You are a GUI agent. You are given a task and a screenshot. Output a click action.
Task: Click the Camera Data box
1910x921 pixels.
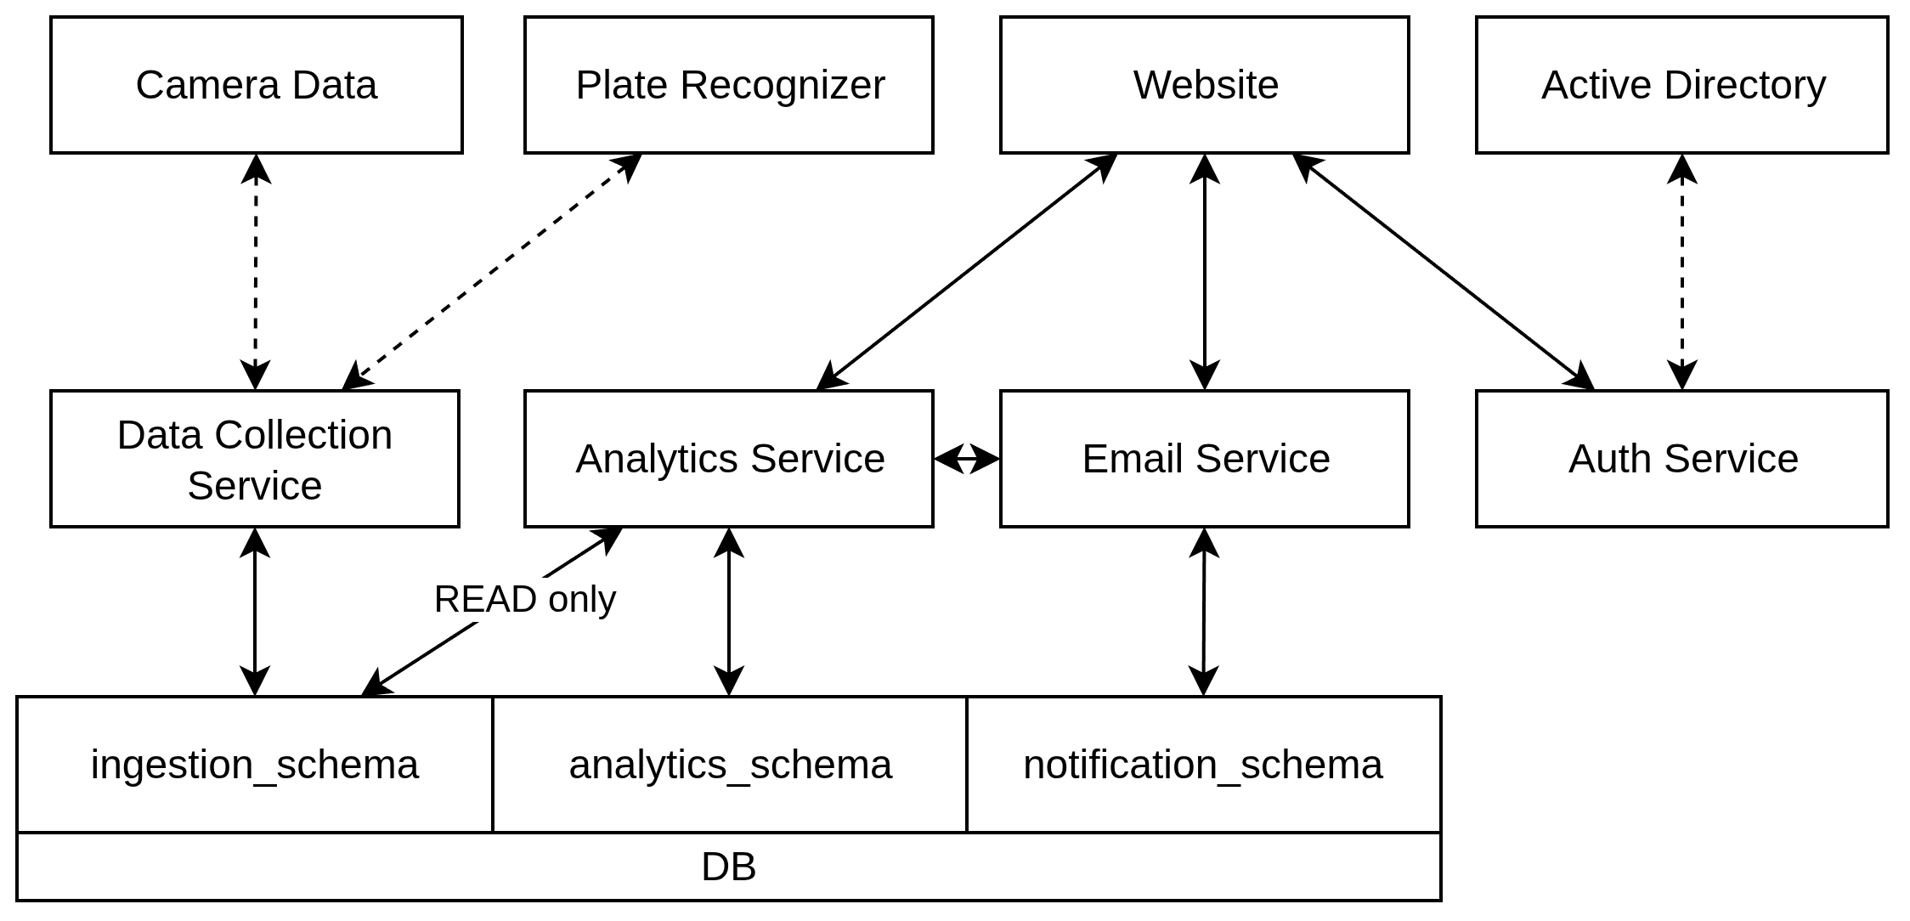(256, 85)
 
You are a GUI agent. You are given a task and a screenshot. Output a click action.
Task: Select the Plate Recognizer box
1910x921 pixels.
(728, 85)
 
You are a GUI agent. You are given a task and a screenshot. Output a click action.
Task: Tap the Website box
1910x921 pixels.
(1204, 85)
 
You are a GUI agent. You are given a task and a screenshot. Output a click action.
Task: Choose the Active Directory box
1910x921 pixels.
(1681, 85)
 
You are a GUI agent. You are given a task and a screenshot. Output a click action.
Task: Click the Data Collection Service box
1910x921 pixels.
(254, 459)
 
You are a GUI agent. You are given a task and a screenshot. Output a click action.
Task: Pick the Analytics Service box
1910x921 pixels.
(728, 459)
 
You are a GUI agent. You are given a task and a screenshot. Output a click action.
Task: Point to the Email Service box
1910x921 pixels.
(1204, 459)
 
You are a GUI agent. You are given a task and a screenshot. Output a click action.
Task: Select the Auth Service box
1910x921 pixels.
(1681, 459)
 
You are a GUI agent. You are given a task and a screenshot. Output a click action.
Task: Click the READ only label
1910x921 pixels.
(524, 600)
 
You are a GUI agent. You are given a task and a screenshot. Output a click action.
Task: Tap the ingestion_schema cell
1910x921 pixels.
(254, 765)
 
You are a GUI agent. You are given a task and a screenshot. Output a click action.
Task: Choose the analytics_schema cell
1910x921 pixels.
(729, 765)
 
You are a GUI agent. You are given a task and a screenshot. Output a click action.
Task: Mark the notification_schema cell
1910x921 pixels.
(1202, 765)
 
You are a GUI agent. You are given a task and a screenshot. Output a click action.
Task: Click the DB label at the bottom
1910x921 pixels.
(728, 867)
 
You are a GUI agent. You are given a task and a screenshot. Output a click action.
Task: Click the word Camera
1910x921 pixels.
(207, 85)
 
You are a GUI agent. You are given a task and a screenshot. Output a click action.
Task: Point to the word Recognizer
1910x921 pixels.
(783, 85)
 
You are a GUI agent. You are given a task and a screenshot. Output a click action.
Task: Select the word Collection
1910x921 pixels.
(303, 435)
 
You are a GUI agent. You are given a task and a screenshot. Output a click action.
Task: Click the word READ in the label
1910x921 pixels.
(486, 600)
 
